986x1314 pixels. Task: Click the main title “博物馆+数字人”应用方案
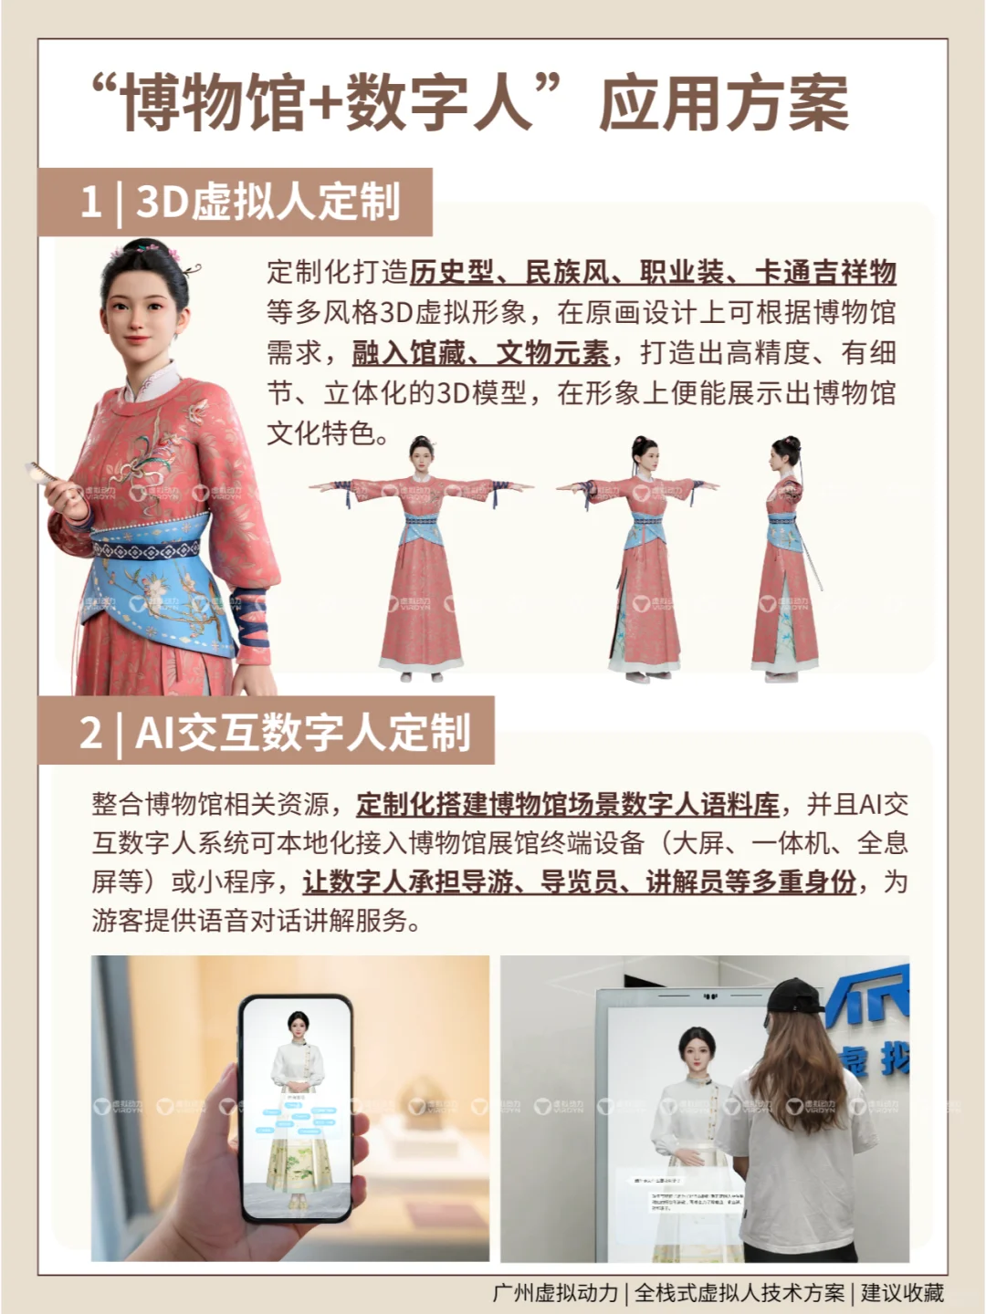coord(471,103)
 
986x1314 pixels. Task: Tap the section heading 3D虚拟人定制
coord(267,202)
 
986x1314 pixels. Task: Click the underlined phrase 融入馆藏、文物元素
coord(480,353)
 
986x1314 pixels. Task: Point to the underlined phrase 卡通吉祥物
coord(825,273)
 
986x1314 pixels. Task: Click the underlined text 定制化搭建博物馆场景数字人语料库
coord(568,805)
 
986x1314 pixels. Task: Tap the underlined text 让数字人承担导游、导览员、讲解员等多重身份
coord(579,882)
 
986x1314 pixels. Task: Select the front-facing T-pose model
coord(420,557)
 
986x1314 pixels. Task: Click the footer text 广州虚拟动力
coord(555,1293)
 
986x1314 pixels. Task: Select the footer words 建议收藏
coord(902,1293)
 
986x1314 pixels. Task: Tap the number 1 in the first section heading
coord(90,202)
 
